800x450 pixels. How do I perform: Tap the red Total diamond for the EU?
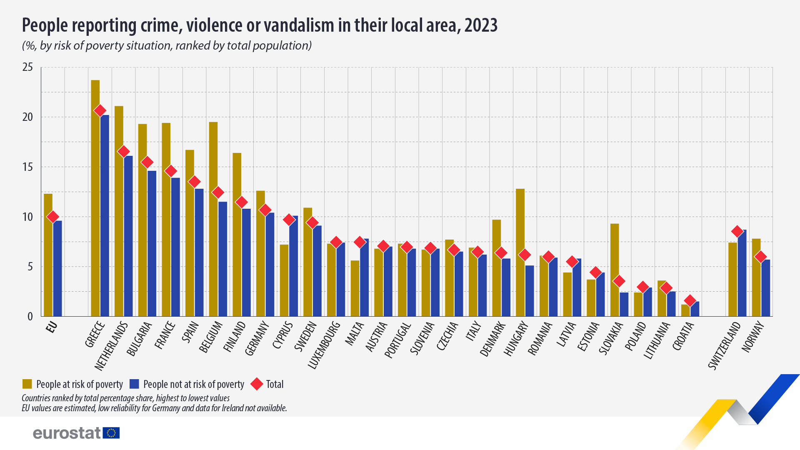tap(53, 217)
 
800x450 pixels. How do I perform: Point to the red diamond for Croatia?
tap(690, 300)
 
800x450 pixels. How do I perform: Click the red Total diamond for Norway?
tap(761, 257)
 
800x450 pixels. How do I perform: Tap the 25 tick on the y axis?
tap(27, 67)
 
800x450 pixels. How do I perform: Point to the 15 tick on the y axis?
tap(27, 167)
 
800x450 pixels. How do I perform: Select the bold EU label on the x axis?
tap(51, 327)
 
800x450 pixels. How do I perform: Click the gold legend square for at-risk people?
tap(27, 384)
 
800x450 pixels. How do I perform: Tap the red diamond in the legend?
tap(257, 384)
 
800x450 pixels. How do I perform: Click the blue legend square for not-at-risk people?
tap(134, 384)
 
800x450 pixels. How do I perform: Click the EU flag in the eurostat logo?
tap(111, 433)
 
